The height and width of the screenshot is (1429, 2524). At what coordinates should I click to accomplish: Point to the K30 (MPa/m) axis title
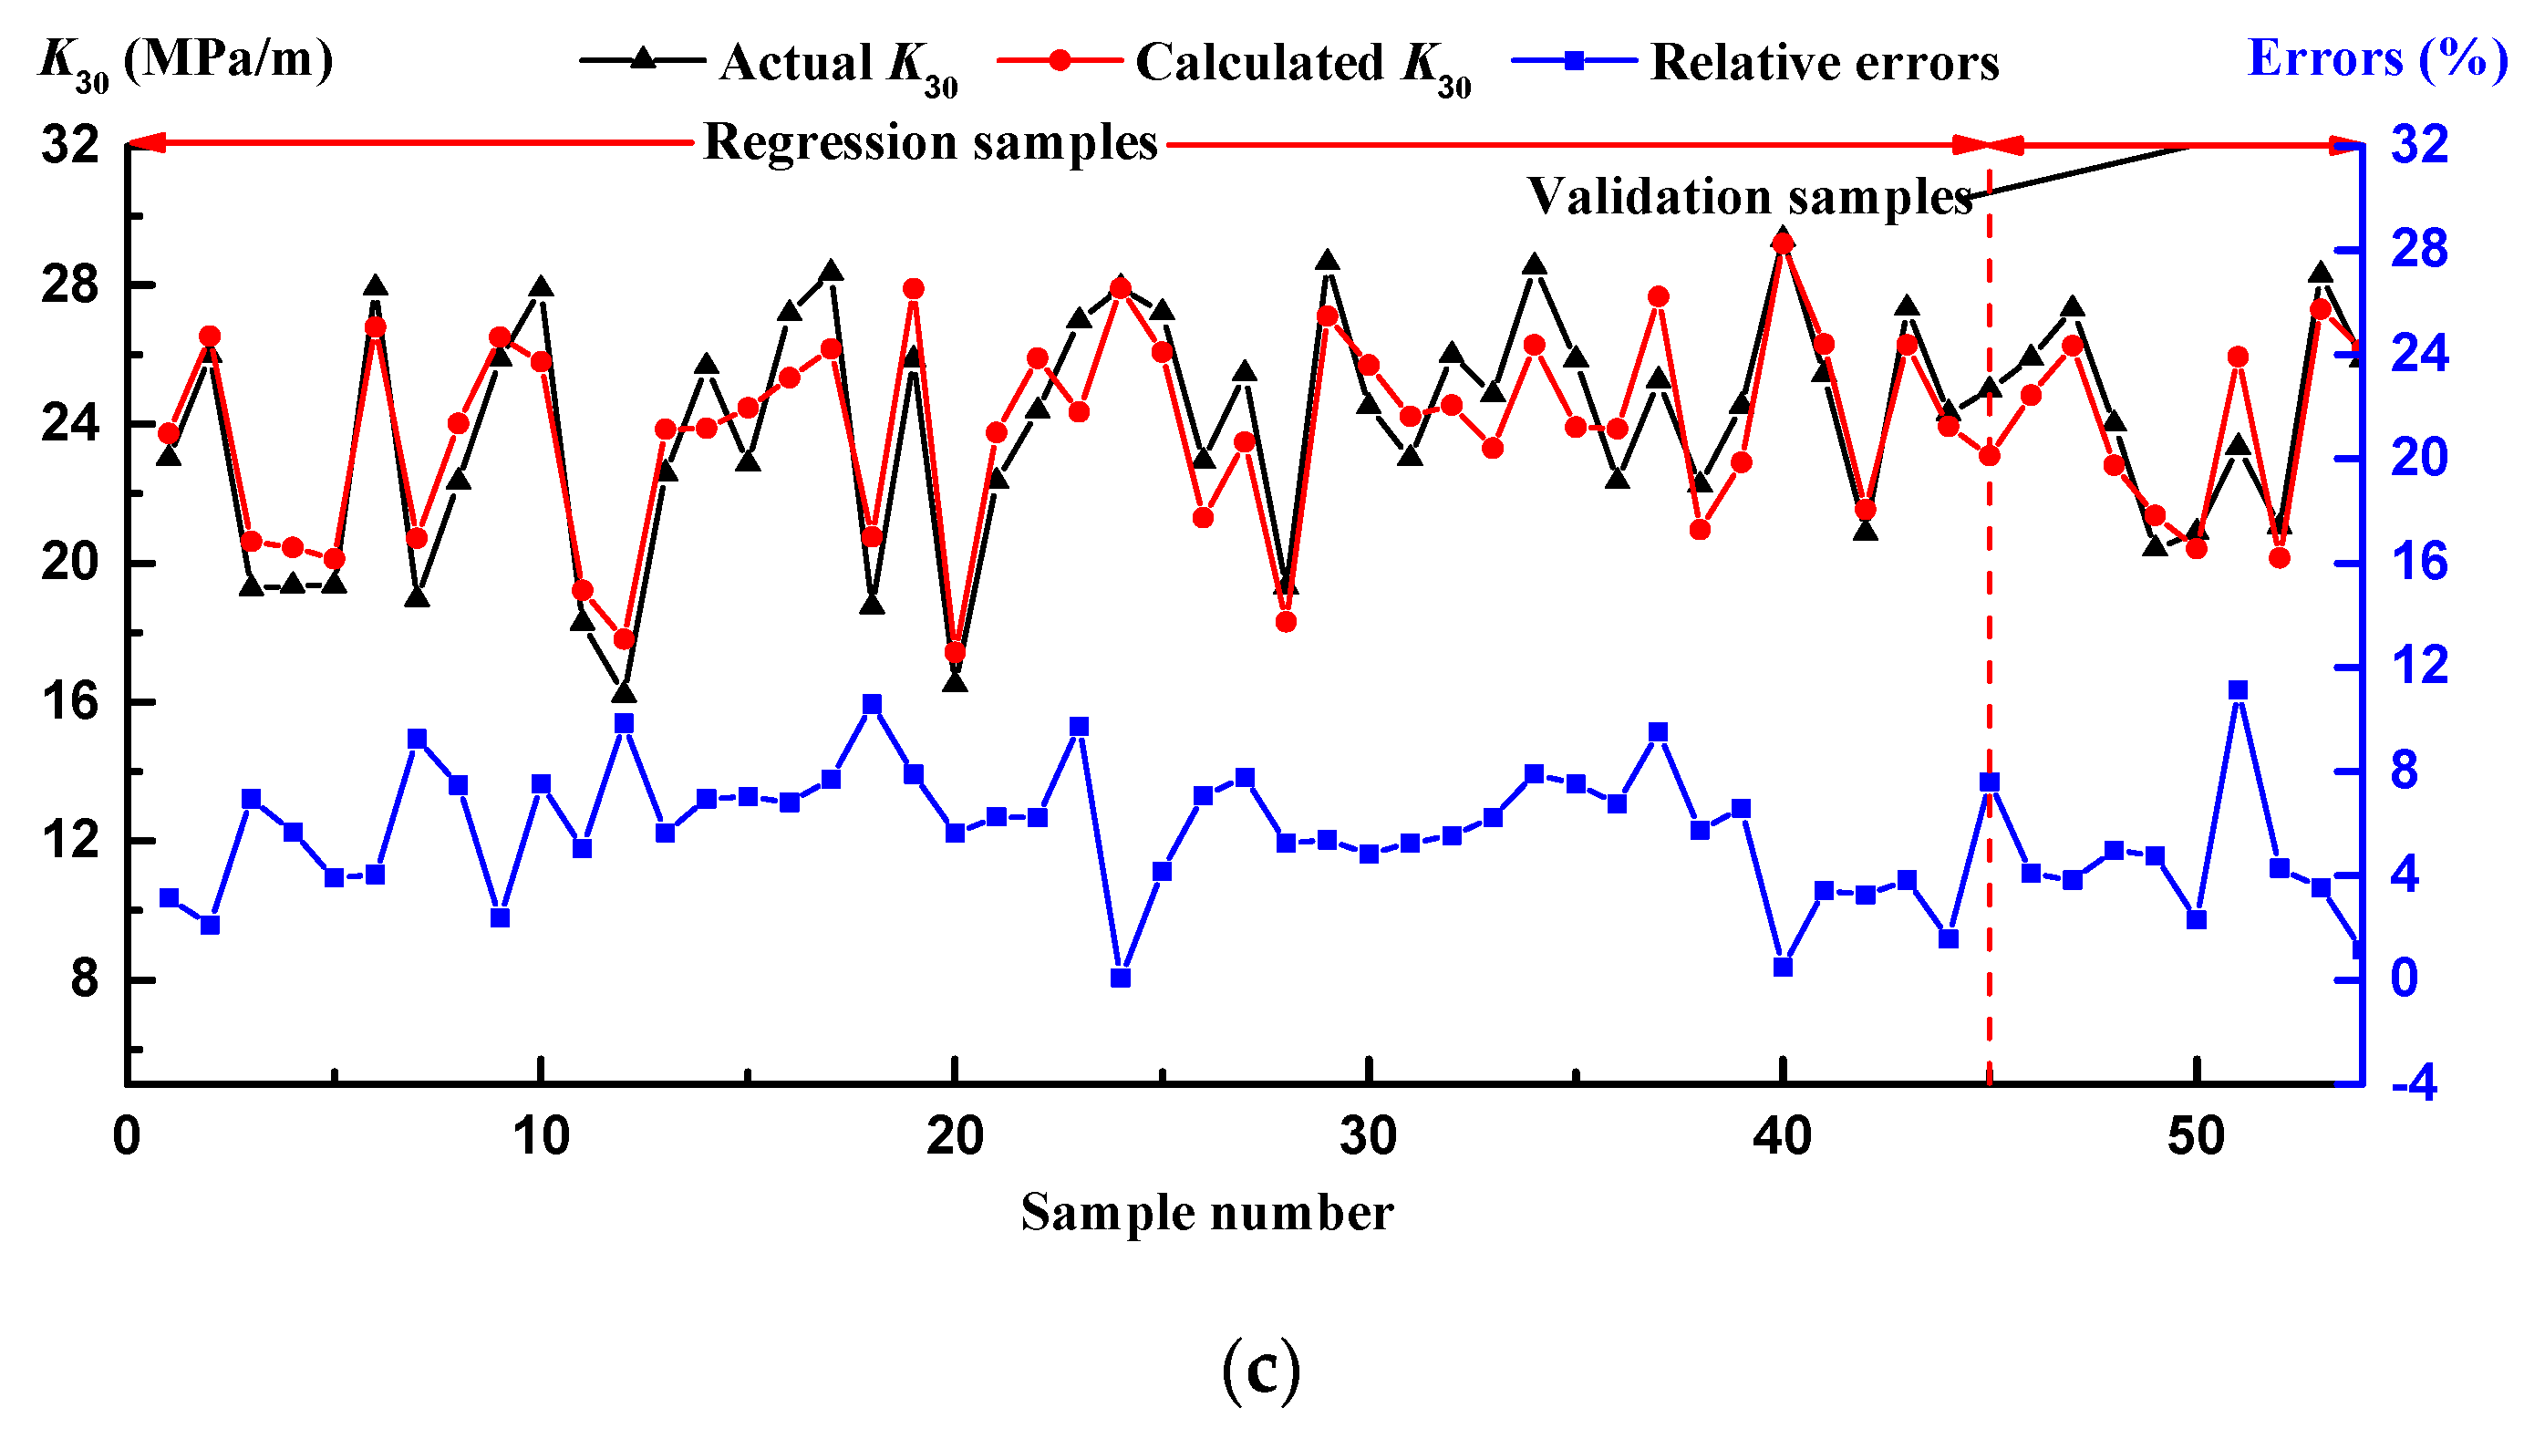pos(185,61)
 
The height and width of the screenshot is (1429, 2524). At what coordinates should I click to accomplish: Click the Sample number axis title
pos(1206,1212)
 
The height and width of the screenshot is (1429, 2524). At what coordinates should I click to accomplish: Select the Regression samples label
pos(930,142)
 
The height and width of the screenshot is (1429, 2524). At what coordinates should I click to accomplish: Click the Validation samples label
pos(1749,196)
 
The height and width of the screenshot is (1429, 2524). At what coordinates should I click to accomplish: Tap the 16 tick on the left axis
pos(69,702)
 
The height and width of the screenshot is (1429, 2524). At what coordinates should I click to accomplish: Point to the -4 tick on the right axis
pos(2413,1085)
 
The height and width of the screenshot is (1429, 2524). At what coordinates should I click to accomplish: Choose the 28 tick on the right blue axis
pos(2419,248)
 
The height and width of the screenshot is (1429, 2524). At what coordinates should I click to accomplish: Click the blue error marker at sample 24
pos(1121,978)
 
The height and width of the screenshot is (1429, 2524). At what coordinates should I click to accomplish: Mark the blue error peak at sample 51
pos(2238,691)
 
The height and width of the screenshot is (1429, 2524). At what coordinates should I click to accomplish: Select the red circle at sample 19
pos(914,288)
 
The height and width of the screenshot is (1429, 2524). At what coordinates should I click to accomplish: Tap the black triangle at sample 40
pos(1783,237)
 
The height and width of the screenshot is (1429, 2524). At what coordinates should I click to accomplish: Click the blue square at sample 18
pos(873,704)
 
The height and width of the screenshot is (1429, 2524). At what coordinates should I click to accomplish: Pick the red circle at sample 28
pos(1286,621)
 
